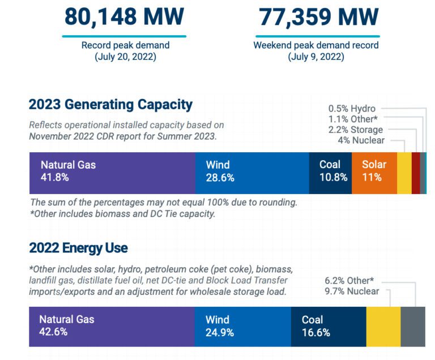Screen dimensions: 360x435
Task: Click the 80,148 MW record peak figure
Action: click(123, 17)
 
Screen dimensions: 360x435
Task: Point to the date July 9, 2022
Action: click(315, 57)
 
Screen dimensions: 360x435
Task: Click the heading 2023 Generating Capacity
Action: click(110, 105)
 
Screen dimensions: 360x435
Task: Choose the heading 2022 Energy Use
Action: click(78, 248)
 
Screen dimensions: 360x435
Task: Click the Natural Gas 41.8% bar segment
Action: click(112, 173)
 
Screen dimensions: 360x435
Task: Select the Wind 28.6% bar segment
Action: click(252, 173)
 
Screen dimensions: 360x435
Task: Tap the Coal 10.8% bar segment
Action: click(330, 173)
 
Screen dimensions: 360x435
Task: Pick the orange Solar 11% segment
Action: click(374, 173)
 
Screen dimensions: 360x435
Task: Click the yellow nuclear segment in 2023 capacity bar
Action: click(404, 173)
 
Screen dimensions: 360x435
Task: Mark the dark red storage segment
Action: click(416, 173)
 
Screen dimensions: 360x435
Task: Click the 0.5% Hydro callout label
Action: click(352, 109)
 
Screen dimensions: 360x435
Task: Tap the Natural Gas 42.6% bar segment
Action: click(111, 326)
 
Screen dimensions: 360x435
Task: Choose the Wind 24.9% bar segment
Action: click(242, 326)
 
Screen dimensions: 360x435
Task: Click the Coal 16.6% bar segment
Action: click(329, 326)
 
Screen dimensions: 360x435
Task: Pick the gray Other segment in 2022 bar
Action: click(413, 326)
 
